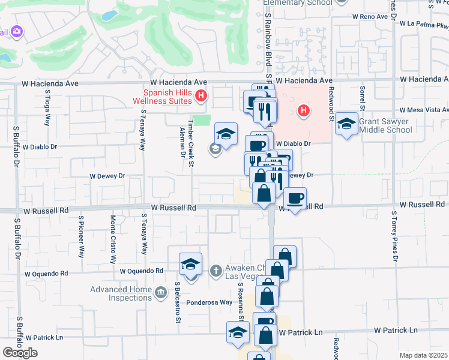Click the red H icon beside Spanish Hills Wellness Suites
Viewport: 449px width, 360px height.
202,95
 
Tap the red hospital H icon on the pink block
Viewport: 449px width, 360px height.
304,110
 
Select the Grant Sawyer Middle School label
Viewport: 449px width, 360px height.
385,125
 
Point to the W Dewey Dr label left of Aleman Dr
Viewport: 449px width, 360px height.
107,176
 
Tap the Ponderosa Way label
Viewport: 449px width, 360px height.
209,303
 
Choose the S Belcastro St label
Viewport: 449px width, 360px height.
178,303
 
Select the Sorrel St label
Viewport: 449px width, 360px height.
363,97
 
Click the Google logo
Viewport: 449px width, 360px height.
20,353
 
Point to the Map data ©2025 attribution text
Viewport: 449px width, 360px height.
423,355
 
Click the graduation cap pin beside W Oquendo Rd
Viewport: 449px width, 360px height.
191,265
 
